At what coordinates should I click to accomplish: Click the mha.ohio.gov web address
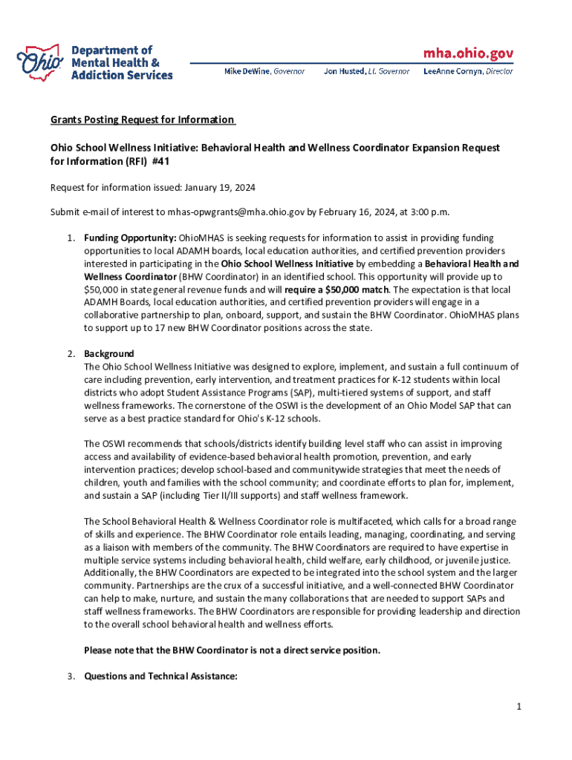click(468, 53)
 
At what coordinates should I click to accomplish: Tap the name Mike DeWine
click(248, 71)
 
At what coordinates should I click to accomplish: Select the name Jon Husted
click(344, 71)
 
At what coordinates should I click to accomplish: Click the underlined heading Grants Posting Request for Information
click(143, 119)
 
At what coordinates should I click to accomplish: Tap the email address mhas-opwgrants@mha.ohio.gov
click(236, 212)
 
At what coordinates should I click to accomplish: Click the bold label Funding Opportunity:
click(130, 237)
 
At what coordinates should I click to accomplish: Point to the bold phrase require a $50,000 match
click(334, 289)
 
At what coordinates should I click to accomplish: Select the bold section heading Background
click(108, 354)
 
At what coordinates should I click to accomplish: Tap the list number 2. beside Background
click(71, 354)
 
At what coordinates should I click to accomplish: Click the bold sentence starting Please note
click(232, 650)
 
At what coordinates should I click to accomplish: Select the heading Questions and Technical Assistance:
click(160, 676)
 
